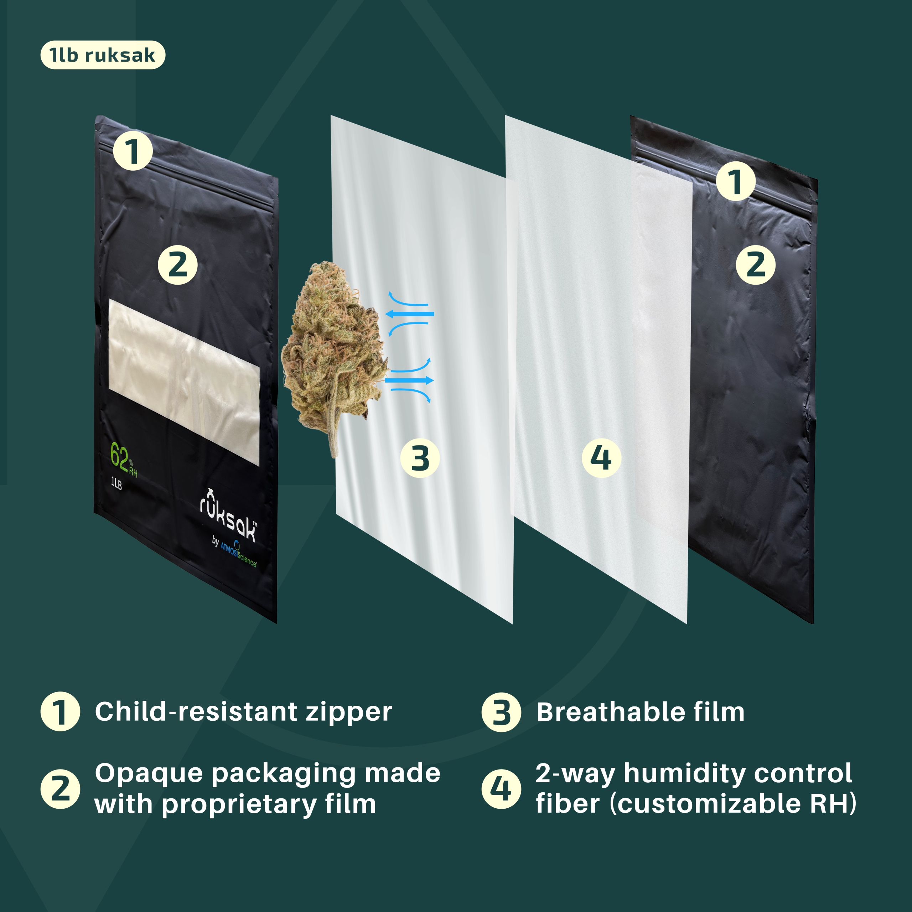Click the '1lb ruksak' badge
103,55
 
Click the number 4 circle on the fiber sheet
601,458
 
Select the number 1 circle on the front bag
133,151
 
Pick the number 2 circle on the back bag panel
755,265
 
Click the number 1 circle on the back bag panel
735,182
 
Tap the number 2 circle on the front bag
177,265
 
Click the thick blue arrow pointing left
410,314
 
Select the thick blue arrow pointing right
410,380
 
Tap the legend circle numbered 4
501,789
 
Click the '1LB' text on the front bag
116,483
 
